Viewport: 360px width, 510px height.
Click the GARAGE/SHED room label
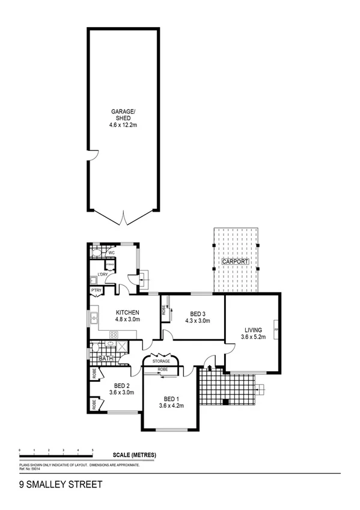click(123, 114)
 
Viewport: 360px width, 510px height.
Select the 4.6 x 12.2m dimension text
click(123, 126)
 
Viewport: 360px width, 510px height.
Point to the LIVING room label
click(253, 330)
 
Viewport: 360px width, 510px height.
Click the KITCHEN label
click(127, 313)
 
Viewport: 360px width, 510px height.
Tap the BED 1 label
click(171, 398)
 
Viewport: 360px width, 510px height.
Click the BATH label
click(106, 358)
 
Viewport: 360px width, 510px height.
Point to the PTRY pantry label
click(96, 290)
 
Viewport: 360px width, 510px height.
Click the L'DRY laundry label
click(103, 275)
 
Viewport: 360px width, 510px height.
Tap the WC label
click(111, 253)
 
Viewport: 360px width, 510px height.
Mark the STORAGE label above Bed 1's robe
click(160, 361)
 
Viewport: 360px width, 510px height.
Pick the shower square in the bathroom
click(121, 346)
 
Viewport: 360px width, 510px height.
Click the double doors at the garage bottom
click(124, 217)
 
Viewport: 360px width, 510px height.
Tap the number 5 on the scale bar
click(93, 450)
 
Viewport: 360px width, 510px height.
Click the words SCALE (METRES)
click(134, 455)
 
